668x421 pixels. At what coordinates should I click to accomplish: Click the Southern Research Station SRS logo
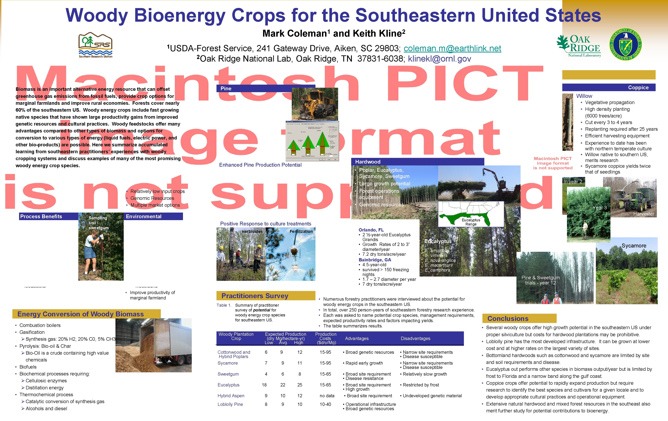(95, 45)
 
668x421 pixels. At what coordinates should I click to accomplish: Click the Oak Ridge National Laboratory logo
(579, 46)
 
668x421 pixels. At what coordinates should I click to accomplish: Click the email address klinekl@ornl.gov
(439, 59)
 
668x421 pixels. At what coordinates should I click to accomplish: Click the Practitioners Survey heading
(255, 296)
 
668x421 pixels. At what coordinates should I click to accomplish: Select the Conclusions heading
(508, 319)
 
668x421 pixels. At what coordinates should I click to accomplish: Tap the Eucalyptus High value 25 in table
(300, 385)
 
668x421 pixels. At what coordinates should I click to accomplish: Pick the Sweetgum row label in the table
(228, 374)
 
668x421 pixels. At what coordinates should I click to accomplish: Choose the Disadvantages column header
(415, 338)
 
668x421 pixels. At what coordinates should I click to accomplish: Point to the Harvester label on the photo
(644, 214)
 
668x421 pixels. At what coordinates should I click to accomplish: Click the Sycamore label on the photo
(634, 246)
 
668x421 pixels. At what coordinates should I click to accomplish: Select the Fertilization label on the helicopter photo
(301, 231)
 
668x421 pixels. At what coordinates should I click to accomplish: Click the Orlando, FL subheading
(371, 230)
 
